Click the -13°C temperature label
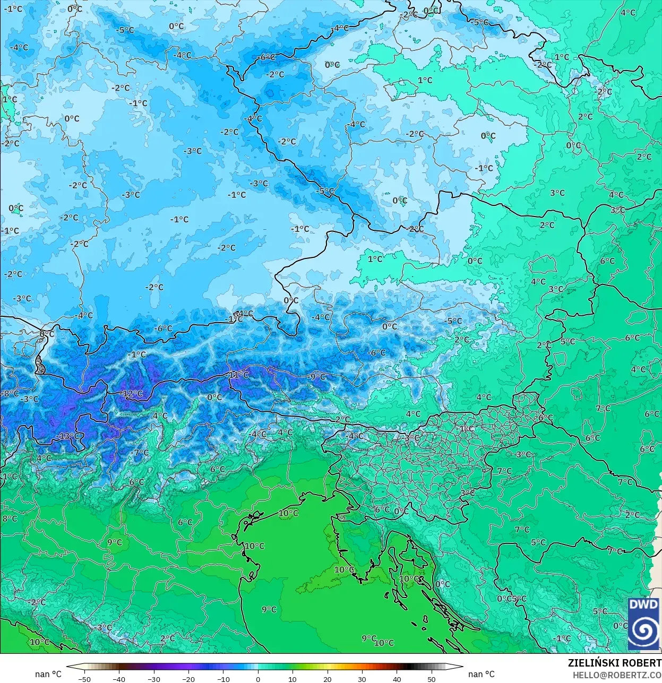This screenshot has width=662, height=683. click(68, 436)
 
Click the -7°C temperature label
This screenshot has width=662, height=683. click(141, 453)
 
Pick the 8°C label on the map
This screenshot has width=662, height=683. click(10, 518)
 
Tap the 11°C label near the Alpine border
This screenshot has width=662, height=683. click(238, 375)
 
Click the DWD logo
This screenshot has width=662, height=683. click(643, 624)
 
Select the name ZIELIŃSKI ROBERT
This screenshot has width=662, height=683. click(614, 663)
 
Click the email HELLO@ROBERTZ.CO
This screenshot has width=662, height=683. click(616, 675)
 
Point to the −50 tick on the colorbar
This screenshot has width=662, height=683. click(84, 679)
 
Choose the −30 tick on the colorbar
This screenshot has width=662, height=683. click(154, 679)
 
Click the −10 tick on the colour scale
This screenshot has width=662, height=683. click(223, 679)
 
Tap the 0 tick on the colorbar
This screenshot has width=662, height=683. click(258, 679)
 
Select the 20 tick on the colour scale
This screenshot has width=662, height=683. click(328, 679)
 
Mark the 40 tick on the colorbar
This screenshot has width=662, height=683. click(397, 679)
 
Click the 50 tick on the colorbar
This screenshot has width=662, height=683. click(431, 679)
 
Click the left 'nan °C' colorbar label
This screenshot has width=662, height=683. click(48, 674)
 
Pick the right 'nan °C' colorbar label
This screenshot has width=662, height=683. click(482, 674)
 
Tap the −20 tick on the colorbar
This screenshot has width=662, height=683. click(188, 679)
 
